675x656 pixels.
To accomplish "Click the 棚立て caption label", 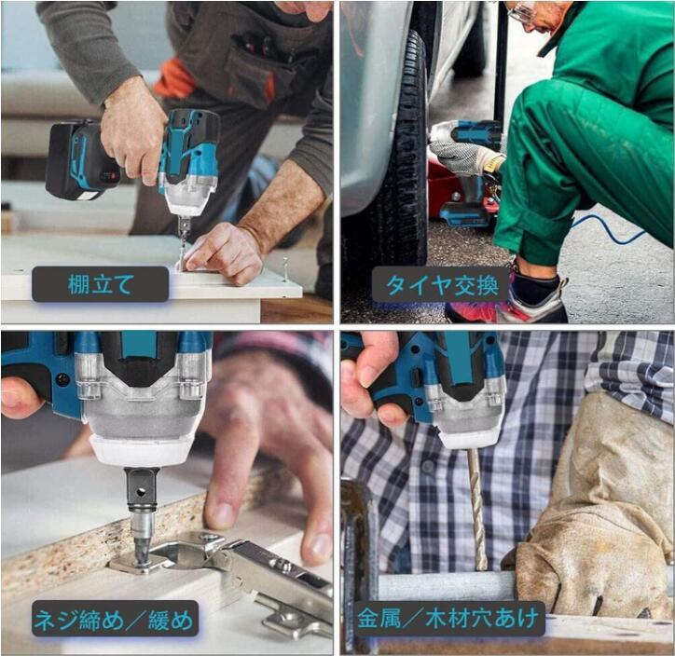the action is [100, 284].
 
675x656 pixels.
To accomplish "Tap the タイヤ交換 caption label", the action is [441, 284].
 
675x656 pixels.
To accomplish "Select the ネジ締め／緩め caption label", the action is [115, 619].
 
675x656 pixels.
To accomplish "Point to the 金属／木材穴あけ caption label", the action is [448, 619].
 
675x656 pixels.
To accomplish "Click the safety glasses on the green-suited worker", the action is [521, 14].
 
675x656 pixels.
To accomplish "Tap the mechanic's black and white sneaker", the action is [538, 297].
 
